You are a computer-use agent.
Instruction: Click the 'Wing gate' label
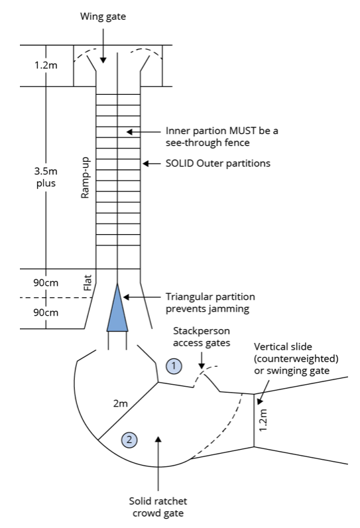tap(103, 17)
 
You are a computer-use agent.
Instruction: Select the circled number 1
tap(174, 365)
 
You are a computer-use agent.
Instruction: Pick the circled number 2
tap(129, 439)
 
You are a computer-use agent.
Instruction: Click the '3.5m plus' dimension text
tap(46, 177)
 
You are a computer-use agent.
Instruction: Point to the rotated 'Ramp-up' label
tap(85, 178)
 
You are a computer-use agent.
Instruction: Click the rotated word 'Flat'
tap(88, 283)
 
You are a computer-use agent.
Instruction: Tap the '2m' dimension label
tap(120, 403)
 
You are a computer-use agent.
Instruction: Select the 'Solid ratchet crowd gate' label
tap(158, 507)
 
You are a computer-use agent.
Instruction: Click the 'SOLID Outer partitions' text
tap(218, 163)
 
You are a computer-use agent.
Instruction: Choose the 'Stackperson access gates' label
tap(202, 337)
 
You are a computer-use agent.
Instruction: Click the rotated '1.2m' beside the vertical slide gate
tap(263, 420)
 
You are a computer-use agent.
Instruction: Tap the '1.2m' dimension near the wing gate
tap(46, 65)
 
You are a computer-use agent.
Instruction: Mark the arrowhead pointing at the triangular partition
tap(127, 297)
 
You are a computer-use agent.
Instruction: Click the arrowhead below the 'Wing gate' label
tap(103, 60)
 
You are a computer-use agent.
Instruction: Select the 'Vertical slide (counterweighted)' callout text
tap(296, 353)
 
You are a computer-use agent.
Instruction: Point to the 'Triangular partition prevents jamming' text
tap(210, 302)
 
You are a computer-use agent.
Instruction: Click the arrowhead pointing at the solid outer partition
tap(146, 164)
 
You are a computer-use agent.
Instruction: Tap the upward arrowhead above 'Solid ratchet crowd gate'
tap(158, 439)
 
